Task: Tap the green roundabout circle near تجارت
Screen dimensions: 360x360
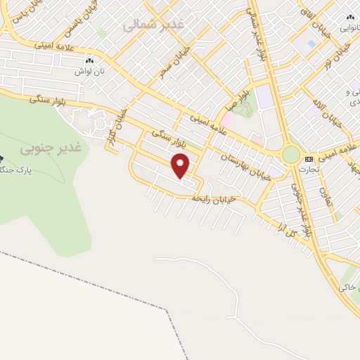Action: coord(290,154)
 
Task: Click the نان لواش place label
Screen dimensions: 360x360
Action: coord(91,71)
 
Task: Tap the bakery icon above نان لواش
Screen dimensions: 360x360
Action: coord(91,61)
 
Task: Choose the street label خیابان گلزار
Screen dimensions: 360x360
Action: coord(113,133)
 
